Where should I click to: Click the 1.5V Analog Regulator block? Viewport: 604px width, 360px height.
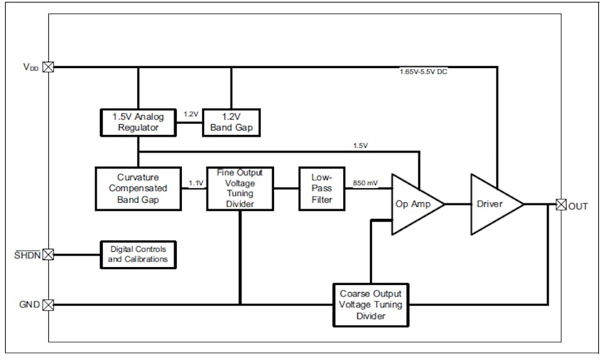tap(138, 123)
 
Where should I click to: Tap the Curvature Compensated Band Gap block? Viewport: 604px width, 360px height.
tap(138, 188)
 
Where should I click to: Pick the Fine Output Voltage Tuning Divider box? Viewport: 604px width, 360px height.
tap(239, 188)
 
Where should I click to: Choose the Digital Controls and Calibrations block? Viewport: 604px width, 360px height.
tap(138, 254)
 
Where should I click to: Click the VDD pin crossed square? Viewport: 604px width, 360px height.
tap(48, 66)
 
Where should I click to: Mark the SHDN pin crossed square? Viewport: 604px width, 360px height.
tap(48, 254)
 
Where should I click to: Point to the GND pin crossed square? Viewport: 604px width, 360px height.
tap(48, 305)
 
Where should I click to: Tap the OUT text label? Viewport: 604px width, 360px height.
tap(579, 205)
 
